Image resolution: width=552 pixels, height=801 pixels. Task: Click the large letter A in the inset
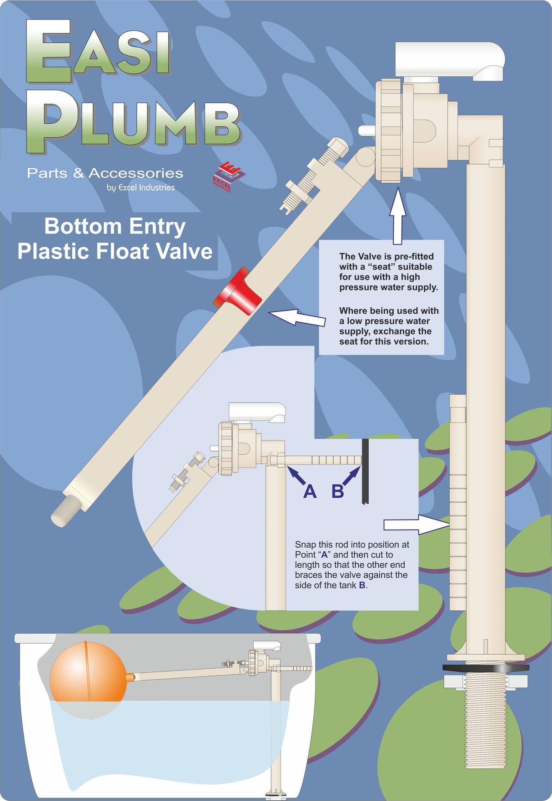click(x=310, y=491)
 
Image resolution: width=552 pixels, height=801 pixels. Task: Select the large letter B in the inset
click(x=337, y=491)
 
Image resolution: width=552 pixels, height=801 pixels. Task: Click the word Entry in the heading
click(x=156, y=226)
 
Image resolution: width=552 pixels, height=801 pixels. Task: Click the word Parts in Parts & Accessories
click(x=47, y=173)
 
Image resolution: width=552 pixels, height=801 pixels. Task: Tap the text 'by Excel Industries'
click(x=141, y=187)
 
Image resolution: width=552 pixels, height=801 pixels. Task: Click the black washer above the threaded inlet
click(x=486, y=668)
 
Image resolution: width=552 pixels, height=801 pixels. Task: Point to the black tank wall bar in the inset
click(x=365, y=471)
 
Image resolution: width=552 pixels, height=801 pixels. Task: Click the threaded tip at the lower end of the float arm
click(x=65, y=511)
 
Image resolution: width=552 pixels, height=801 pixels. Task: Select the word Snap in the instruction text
click(x=305, y=545)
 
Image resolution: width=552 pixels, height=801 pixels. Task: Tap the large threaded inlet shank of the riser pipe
click(x=485, y=727)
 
